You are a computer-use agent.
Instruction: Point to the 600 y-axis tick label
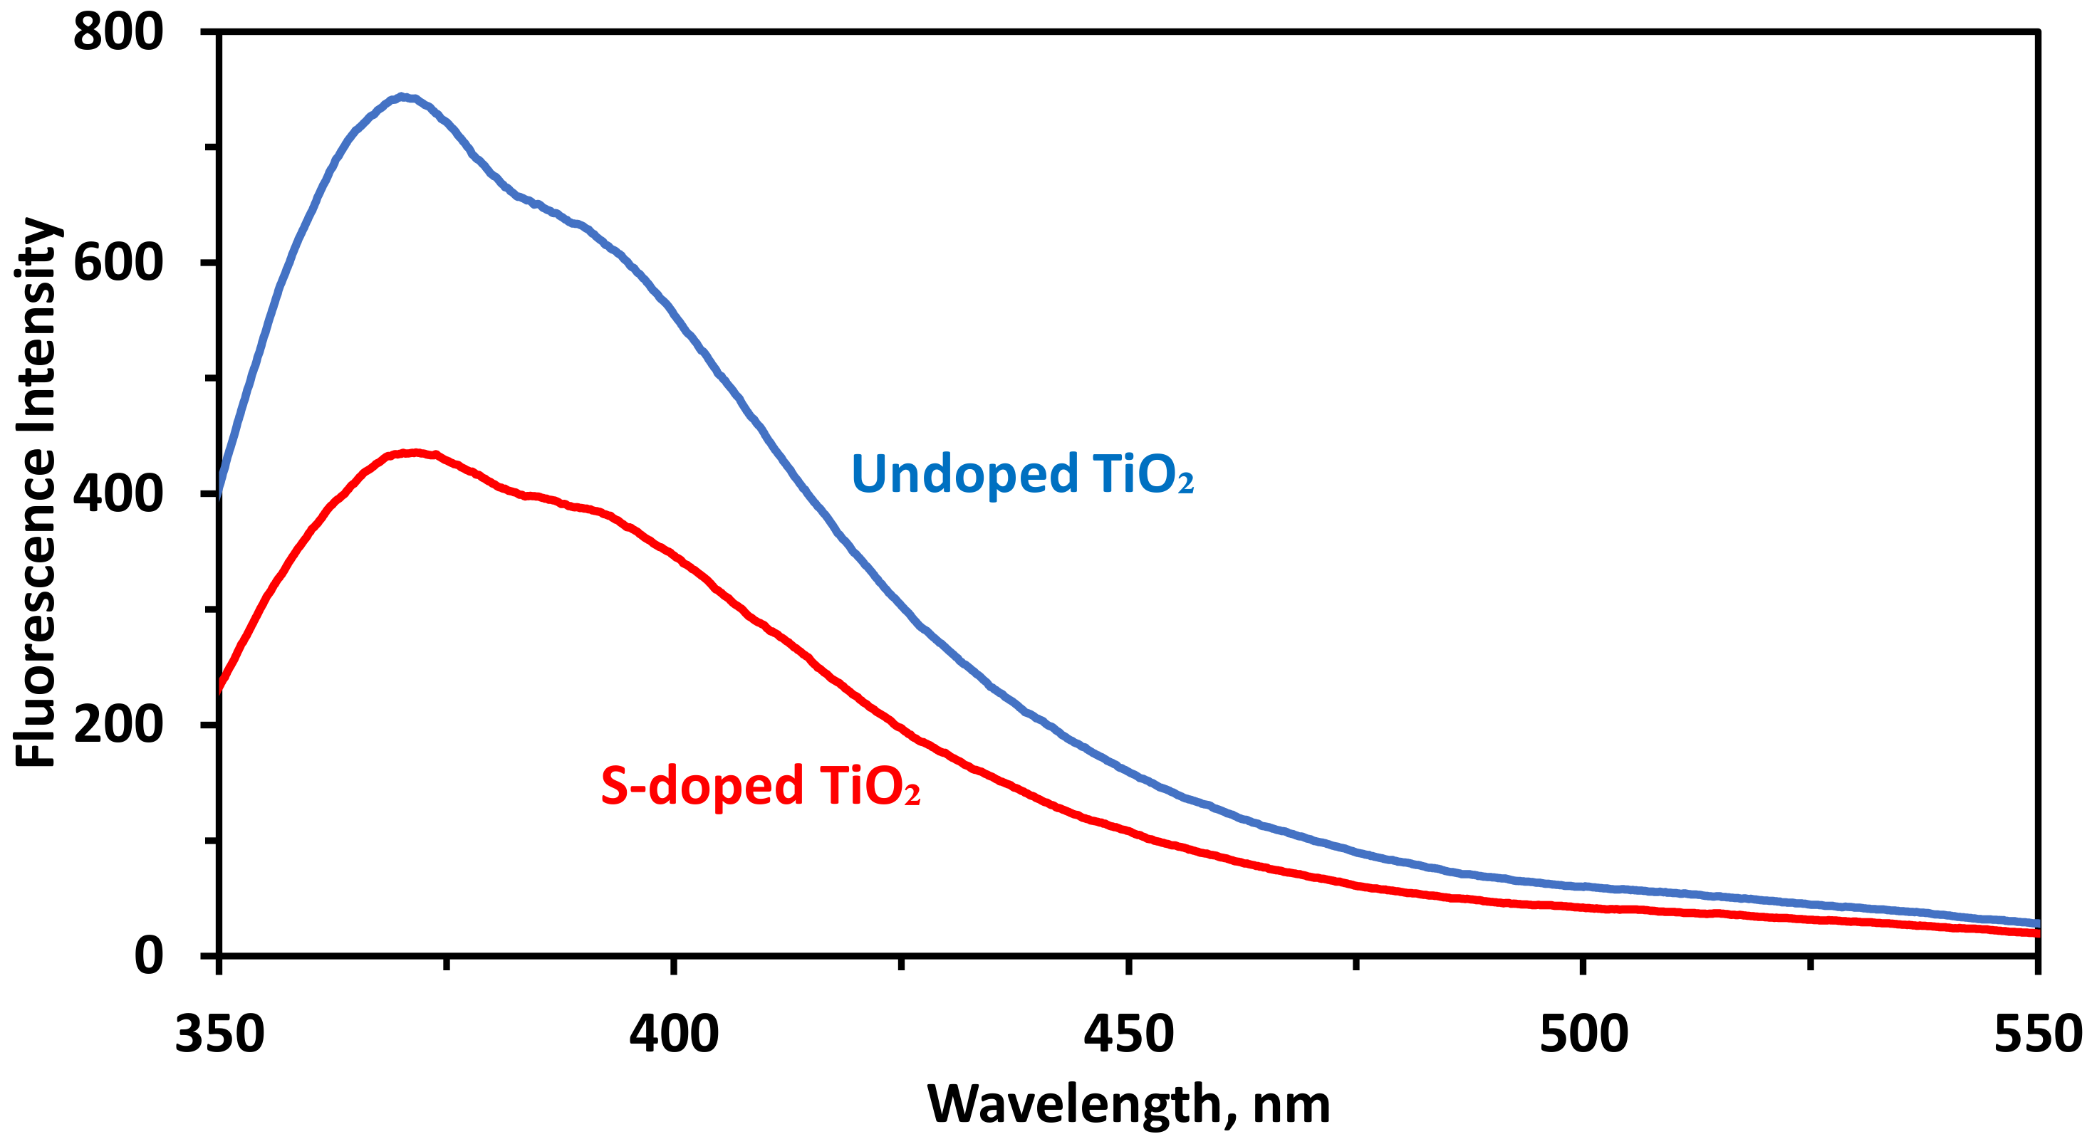pyautogui.click(x=118, y=263)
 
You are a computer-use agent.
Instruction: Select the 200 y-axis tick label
pyautogui.click(x=118, y=724)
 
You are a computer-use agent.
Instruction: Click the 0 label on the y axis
pyautogui.click(x=148, y=955)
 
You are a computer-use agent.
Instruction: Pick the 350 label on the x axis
pyautogui.click(x=220, y=1034)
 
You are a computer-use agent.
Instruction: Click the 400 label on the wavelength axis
pyautogui.click(x=674, y=1034)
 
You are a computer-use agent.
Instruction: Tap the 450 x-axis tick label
pyautogui.click(x=1128, y=1034)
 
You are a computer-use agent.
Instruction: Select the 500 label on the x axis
pyautogui.click(x=1583, y=1034)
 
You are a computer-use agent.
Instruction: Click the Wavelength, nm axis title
pyautogui.click(x=1128, y=1104)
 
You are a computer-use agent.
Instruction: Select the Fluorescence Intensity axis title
pyautogui.click(x=36, y=492)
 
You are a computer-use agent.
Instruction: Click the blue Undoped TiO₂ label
pyautogui.click(x=1021, y=473)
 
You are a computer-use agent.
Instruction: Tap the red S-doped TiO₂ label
pyautogui.click(x=760, y=786)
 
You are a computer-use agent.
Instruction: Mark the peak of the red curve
pyautogui.click(x=415, y=452)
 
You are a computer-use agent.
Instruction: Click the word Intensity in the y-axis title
pyautogui.click(x=36, y=325)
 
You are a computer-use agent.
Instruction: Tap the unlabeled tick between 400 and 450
pyautogui.click(x=901, y=964)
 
